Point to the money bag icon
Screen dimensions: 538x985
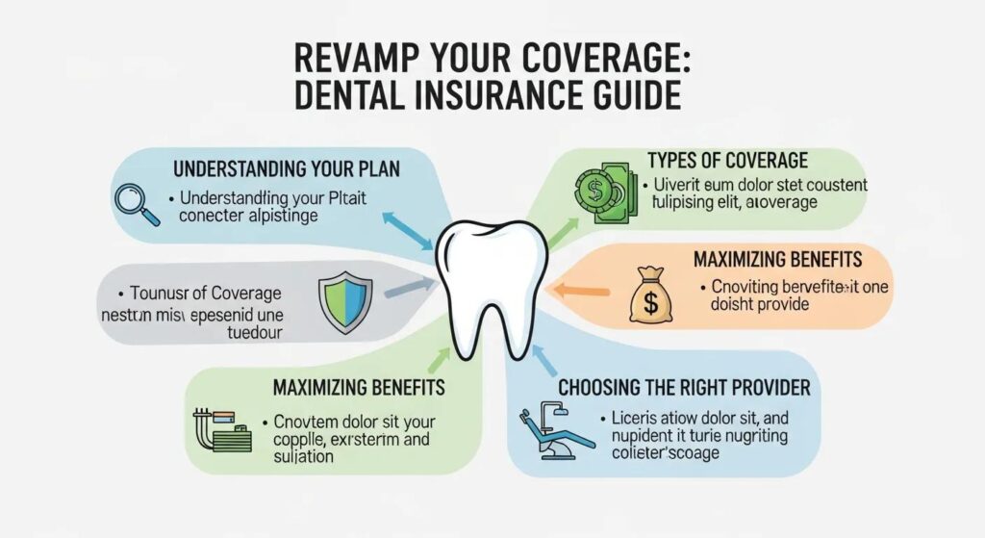(x=651, y=295)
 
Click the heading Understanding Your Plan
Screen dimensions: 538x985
(x=286, y=168)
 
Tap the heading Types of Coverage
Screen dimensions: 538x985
(x=728, y=160)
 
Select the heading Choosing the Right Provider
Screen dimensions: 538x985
(x=685, y=389)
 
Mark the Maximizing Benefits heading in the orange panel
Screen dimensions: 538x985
(x=777, y=259)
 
